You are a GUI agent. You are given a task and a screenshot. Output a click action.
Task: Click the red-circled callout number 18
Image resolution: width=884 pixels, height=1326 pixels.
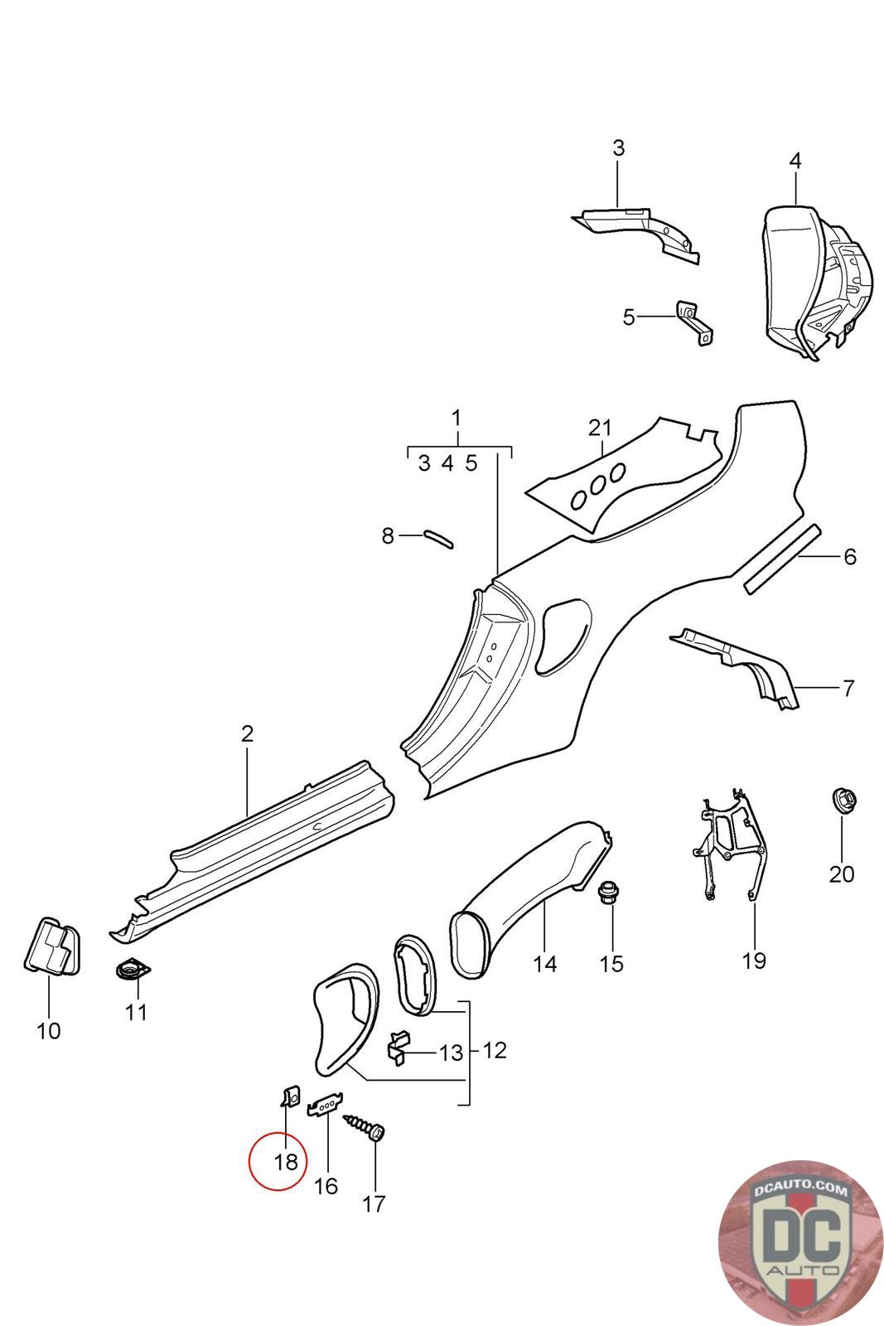pyautogui.click(x=285, y=1162)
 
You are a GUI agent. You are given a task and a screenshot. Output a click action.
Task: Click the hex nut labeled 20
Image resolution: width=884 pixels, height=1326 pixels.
pyautogui.click(x=843, y=801)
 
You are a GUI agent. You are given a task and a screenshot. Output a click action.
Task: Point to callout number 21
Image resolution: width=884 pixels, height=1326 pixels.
pyautogui.click(x=600, y=428)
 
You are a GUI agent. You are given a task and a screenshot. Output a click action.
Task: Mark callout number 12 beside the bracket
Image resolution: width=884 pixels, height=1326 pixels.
pyautogui.click(x=495, y=1050)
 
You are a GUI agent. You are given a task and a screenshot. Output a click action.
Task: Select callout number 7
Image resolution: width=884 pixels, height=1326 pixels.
pyautogui.click(x=847, y=688)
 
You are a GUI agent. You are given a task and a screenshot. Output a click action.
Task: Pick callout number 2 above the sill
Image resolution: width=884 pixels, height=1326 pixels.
pyautogui.click(x=247, y=733)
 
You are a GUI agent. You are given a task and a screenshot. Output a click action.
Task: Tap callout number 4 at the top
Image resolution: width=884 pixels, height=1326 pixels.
pyautogui.click(x=795, y=160)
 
